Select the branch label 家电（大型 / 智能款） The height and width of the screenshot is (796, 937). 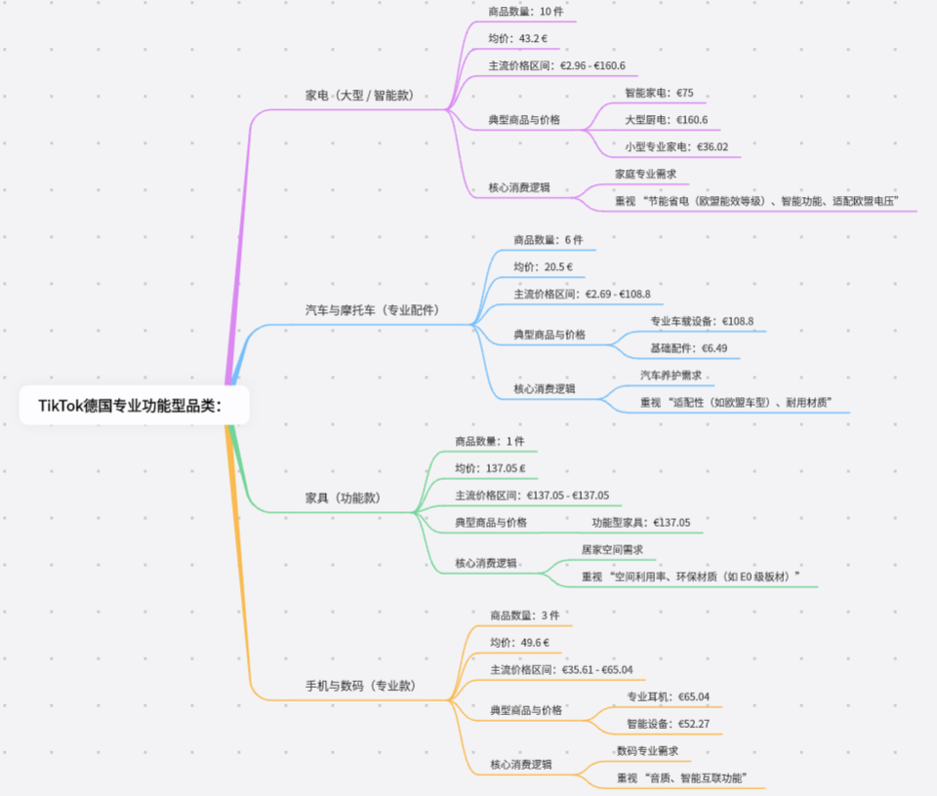(359, 96)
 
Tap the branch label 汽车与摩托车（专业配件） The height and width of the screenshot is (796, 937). (372, 310)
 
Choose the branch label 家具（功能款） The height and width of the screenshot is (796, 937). (343, 497)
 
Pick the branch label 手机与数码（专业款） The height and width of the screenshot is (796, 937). (360, 686)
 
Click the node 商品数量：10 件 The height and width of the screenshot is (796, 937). (526, 13)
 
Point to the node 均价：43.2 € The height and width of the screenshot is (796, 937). (518, 39)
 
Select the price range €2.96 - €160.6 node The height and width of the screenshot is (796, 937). (556, 66)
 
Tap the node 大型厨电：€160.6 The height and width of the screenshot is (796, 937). (667, 120)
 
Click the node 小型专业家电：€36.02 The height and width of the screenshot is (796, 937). (676, 147)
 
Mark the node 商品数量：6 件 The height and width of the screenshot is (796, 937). (549, 240)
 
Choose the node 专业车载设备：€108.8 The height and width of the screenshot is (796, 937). (702, 321)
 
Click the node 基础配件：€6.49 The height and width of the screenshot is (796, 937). (689, 348)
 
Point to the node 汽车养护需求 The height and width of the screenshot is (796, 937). (671, 375)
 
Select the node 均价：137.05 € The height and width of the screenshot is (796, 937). (490, 469)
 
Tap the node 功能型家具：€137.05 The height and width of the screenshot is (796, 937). (640, 523)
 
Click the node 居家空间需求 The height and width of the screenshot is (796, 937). (612, 550)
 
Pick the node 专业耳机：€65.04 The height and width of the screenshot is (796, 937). (668, 697)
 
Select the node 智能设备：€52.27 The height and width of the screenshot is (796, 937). (668, 725)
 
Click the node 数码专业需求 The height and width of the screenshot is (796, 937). (647, 751)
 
